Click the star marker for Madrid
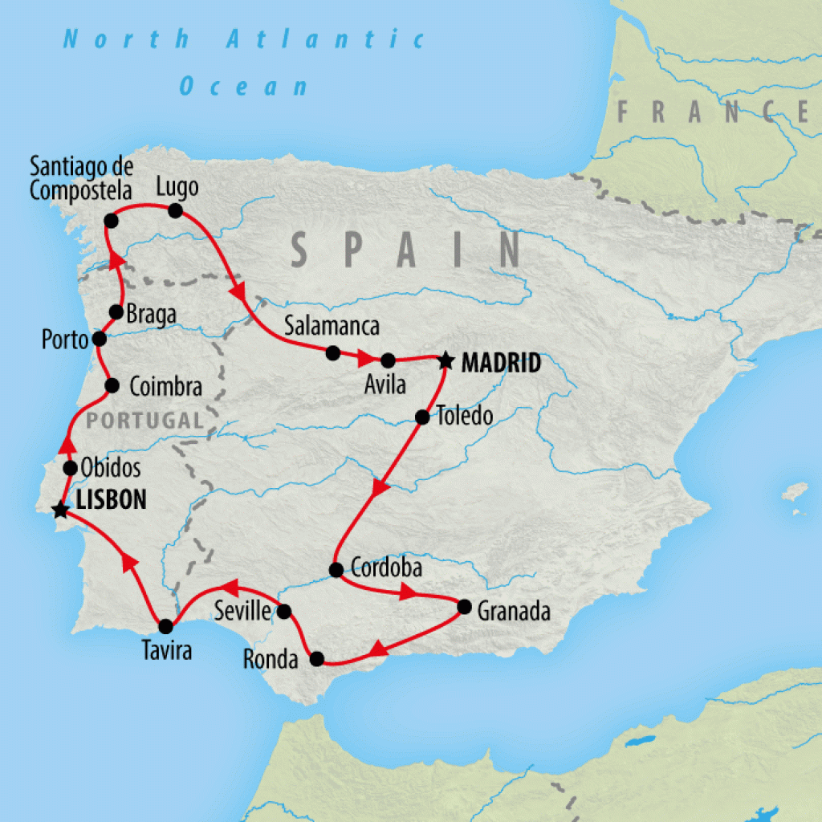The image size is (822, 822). pyautogui.click(x=446, y=361)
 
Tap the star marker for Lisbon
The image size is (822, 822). pyautogui.click(x=59, y=510)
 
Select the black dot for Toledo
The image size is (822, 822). pyautogui.click(x=421, y=417)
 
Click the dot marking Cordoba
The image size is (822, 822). pyautogui.click(x=336, y=570)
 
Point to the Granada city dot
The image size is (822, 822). pyautogui.click(x=463, y=607)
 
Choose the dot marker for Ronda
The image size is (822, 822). pyautogui.click(x=317, y=659)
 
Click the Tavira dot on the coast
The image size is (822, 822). pyautogui.click(x=165, y=626)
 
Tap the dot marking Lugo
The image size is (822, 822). pyautogui.click(x=175, y=211)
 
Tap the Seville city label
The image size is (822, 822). pyautogui.click(x=242, y=612)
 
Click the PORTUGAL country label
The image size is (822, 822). pyautogui.click(x=144, y=420)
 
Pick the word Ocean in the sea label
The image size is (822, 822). pyautogui.click(x=244, y=86)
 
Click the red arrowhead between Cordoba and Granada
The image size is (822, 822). pyautogui.click(x=408, y=593)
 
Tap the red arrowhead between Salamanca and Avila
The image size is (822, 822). pyautogui.click(x=363, y=357)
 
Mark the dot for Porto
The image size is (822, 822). pyautogui.click(x=100, y=339)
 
